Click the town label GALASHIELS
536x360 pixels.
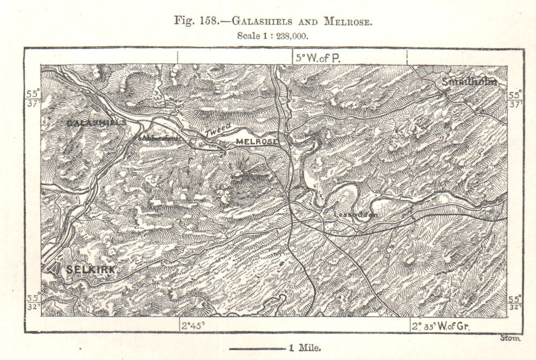96,123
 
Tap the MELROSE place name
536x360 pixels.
257,141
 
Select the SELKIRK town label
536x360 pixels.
89,271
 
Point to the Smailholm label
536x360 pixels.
470,82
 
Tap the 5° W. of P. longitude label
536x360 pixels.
317,58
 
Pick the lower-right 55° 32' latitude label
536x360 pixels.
515,303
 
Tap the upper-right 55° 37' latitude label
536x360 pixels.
515,99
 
